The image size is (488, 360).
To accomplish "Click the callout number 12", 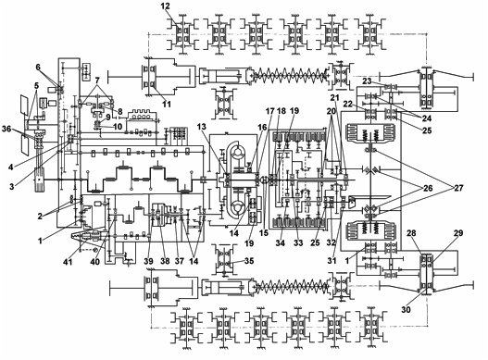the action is [x=166, y=6].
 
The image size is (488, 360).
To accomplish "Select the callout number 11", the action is [x=167, y=104].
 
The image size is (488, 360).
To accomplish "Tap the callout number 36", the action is [x=7, y=129].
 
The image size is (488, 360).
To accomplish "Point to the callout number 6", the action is [x=38, y=68].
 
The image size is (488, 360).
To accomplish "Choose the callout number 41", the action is [x=68, y=262].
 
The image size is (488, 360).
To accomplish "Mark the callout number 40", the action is [x=95, y=262].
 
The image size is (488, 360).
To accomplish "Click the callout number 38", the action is [x=165, y=261].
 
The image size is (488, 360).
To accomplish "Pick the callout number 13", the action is [x=202, y=127].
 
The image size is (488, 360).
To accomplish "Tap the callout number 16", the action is [x=262, y=127].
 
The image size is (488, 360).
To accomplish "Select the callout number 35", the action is [x=249, y=261].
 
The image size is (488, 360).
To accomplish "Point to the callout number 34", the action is [x=280, y=243].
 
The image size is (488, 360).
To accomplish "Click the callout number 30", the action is [x=406, y=309].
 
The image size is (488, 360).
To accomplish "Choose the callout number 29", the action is [x=458, y=233].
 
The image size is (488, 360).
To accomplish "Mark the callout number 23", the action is [x=368, y=81].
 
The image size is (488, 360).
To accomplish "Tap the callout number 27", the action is [x=458, y=188].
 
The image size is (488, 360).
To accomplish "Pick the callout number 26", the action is [x=427, y=188].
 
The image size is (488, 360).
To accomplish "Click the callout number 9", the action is [x=107, y=118].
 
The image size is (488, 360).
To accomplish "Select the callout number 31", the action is [x=332, y=261].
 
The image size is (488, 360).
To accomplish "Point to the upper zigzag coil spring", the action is [x=290, y=75].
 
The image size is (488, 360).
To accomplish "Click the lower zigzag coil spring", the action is [x=292, y=286].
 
